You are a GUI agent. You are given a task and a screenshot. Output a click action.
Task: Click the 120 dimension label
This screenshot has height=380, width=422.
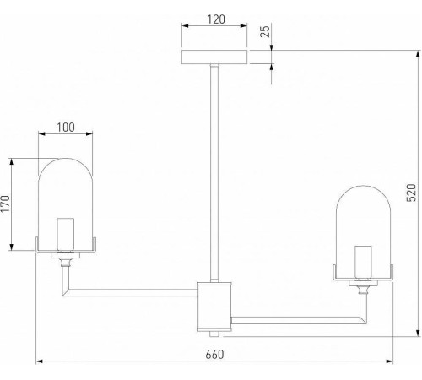point(216,19)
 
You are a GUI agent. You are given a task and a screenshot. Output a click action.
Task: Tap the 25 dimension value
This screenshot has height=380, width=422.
point(265,30)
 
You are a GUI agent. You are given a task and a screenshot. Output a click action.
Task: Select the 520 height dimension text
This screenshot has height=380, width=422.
point(411,193)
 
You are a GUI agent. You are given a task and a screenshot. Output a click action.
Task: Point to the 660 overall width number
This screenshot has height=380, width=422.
point(214,355)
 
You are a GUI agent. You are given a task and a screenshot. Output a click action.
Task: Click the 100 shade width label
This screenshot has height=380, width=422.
point(66,128)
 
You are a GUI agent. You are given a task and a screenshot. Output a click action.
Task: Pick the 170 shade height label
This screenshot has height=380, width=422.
point(6,204)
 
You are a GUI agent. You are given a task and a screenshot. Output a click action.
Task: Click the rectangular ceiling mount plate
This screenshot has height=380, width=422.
point(214,57)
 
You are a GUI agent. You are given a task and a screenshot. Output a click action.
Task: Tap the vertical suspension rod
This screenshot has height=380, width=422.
point(214,173)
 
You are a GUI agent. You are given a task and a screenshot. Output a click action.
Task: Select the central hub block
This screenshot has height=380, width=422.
point(214,307)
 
